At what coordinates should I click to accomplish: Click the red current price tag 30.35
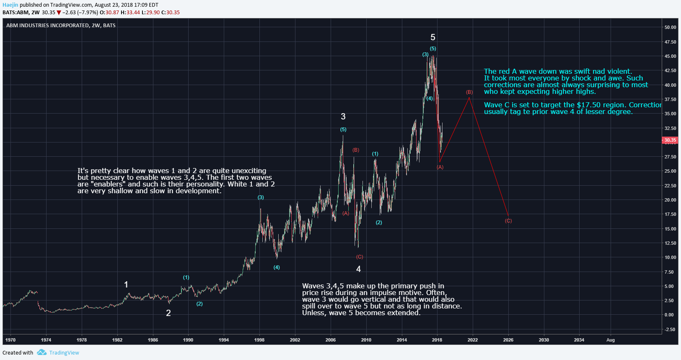pos(670,140)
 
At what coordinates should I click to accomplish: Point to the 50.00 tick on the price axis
pos(670,27)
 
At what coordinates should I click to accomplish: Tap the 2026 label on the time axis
pos(508,340)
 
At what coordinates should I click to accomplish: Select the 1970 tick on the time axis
pos(10,340)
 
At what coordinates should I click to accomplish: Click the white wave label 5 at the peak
pos(433,37)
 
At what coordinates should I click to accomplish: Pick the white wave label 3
pos(343,117)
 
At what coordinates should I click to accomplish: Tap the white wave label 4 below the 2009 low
pos(358,269)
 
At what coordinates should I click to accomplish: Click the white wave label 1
pos(126,285)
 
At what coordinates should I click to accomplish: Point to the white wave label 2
pos(168,313)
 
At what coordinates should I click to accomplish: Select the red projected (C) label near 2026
pos(508,221)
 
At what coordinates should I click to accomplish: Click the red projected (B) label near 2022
pos(469,92)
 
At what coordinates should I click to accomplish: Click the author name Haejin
pos(10,5)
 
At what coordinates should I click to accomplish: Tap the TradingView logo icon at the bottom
pos(41,352)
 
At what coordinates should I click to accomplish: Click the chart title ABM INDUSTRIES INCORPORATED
pos(47,26)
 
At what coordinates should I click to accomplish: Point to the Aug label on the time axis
pos(611,340)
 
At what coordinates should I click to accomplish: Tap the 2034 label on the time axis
pos(579,340)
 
